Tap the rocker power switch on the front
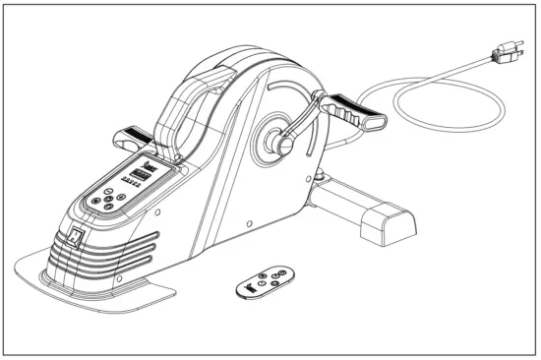(x=76, y=236)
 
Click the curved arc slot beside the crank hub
(x=313, y=148)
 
